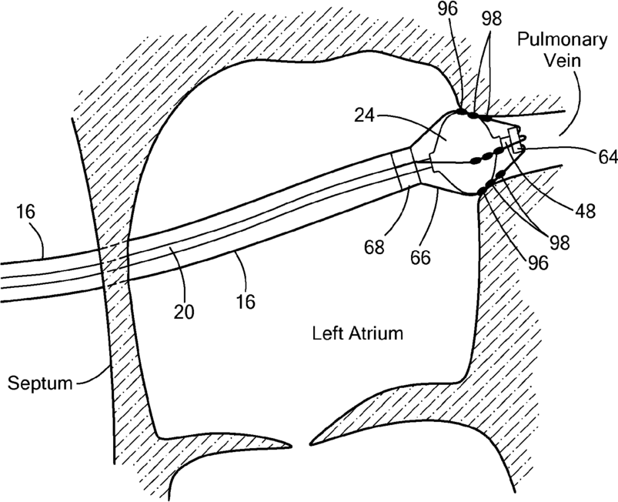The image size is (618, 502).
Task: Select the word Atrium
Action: coord(376,333)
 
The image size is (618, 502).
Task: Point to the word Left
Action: coord(326,333)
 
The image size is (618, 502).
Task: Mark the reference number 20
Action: coord(184,312)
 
